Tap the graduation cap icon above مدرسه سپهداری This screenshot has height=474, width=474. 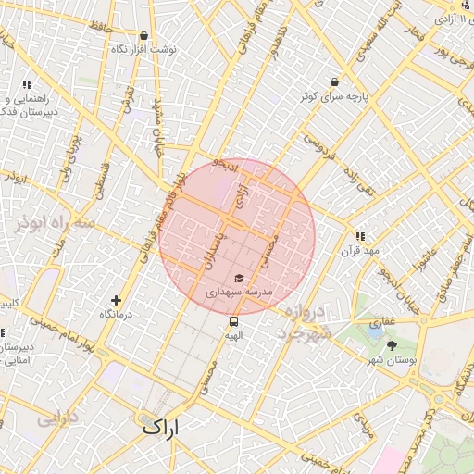pos(238,278)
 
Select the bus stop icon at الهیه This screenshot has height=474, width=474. pos(233,321)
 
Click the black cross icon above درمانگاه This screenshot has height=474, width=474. pos(116,300)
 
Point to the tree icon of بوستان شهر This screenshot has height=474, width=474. pos(393,344)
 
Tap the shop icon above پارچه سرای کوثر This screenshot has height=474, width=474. pos(333,81)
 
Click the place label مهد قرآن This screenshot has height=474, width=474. pos(359,251)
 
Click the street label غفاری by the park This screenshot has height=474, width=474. pos(409,319)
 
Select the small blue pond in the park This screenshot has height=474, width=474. pos(375,326)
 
